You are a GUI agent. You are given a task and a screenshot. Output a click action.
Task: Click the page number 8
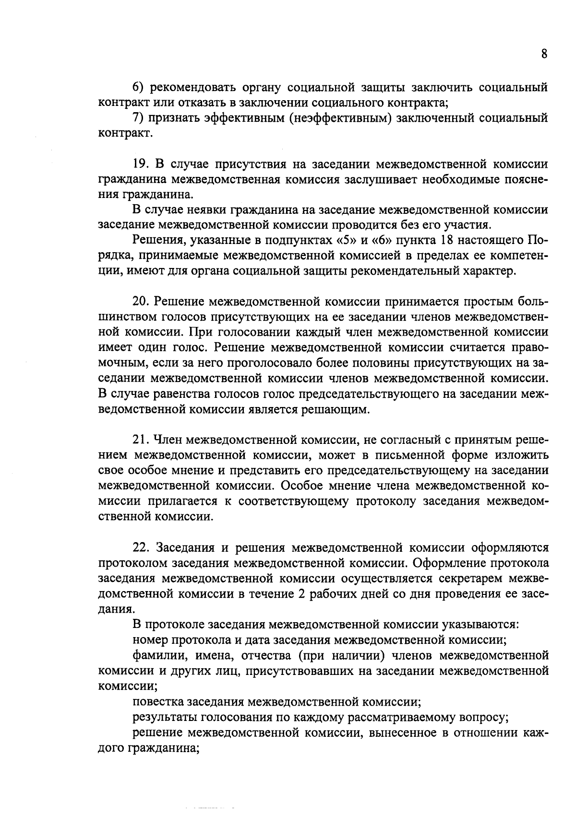[x=544, y=54]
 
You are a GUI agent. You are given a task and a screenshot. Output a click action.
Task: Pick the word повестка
[x=157, y=702]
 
